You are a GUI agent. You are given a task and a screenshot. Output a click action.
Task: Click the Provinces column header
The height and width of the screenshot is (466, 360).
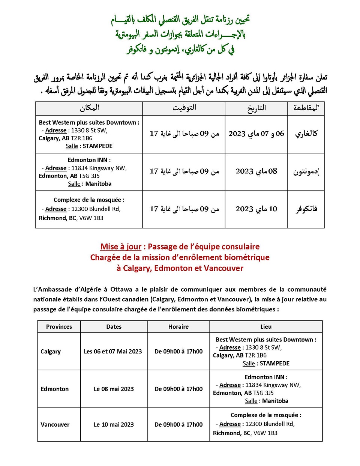[x=59, y=327]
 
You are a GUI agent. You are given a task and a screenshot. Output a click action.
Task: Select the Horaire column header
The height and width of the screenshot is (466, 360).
[x=178, y=327]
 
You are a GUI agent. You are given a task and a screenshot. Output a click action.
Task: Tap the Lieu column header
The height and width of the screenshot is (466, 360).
[x=266, y=327]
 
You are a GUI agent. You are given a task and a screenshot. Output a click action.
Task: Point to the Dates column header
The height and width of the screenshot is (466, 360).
[x=114, y=327]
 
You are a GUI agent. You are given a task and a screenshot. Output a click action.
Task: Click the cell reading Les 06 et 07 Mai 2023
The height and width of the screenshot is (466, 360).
[x=113, y=352]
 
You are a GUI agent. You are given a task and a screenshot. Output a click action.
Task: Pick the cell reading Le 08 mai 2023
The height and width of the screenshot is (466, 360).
[x=114, y=389]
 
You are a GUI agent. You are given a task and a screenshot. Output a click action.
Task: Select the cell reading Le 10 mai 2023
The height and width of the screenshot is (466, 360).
[x=114, y=425]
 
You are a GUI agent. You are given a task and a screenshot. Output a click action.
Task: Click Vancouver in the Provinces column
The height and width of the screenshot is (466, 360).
[x=55, y=425]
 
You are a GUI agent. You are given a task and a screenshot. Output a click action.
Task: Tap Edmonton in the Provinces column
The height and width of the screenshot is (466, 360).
[x=55, y=389]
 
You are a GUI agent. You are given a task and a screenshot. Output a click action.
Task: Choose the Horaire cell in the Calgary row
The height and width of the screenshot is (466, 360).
[x=178, y=352]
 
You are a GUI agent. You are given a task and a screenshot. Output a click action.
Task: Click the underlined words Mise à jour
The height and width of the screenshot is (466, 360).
[x=121, y=247]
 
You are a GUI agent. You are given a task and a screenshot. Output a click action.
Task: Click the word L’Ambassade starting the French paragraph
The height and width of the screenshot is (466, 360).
[x=52, y=289]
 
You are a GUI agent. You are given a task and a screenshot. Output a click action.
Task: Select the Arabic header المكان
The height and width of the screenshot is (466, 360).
[x=90, y=108]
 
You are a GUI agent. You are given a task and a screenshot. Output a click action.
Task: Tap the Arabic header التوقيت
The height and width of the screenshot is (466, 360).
[x=184, y=108]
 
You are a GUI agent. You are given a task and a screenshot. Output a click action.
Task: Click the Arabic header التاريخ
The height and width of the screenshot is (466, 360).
[x=256, y=108]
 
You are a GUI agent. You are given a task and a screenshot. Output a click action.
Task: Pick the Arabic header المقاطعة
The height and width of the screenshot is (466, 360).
[x=306, y=108]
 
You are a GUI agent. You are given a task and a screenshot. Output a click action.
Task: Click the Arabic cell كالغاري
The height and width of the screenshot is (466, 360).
[x=306, y=134]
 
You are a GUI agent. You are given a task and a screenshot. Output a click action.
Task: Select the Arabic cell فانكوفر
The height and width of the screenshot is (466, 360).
[x=306, y=209]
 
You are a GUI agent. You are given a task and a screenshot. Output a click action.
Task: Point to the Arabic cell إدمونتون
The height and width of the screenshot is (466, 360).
[x=306, y=171]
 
